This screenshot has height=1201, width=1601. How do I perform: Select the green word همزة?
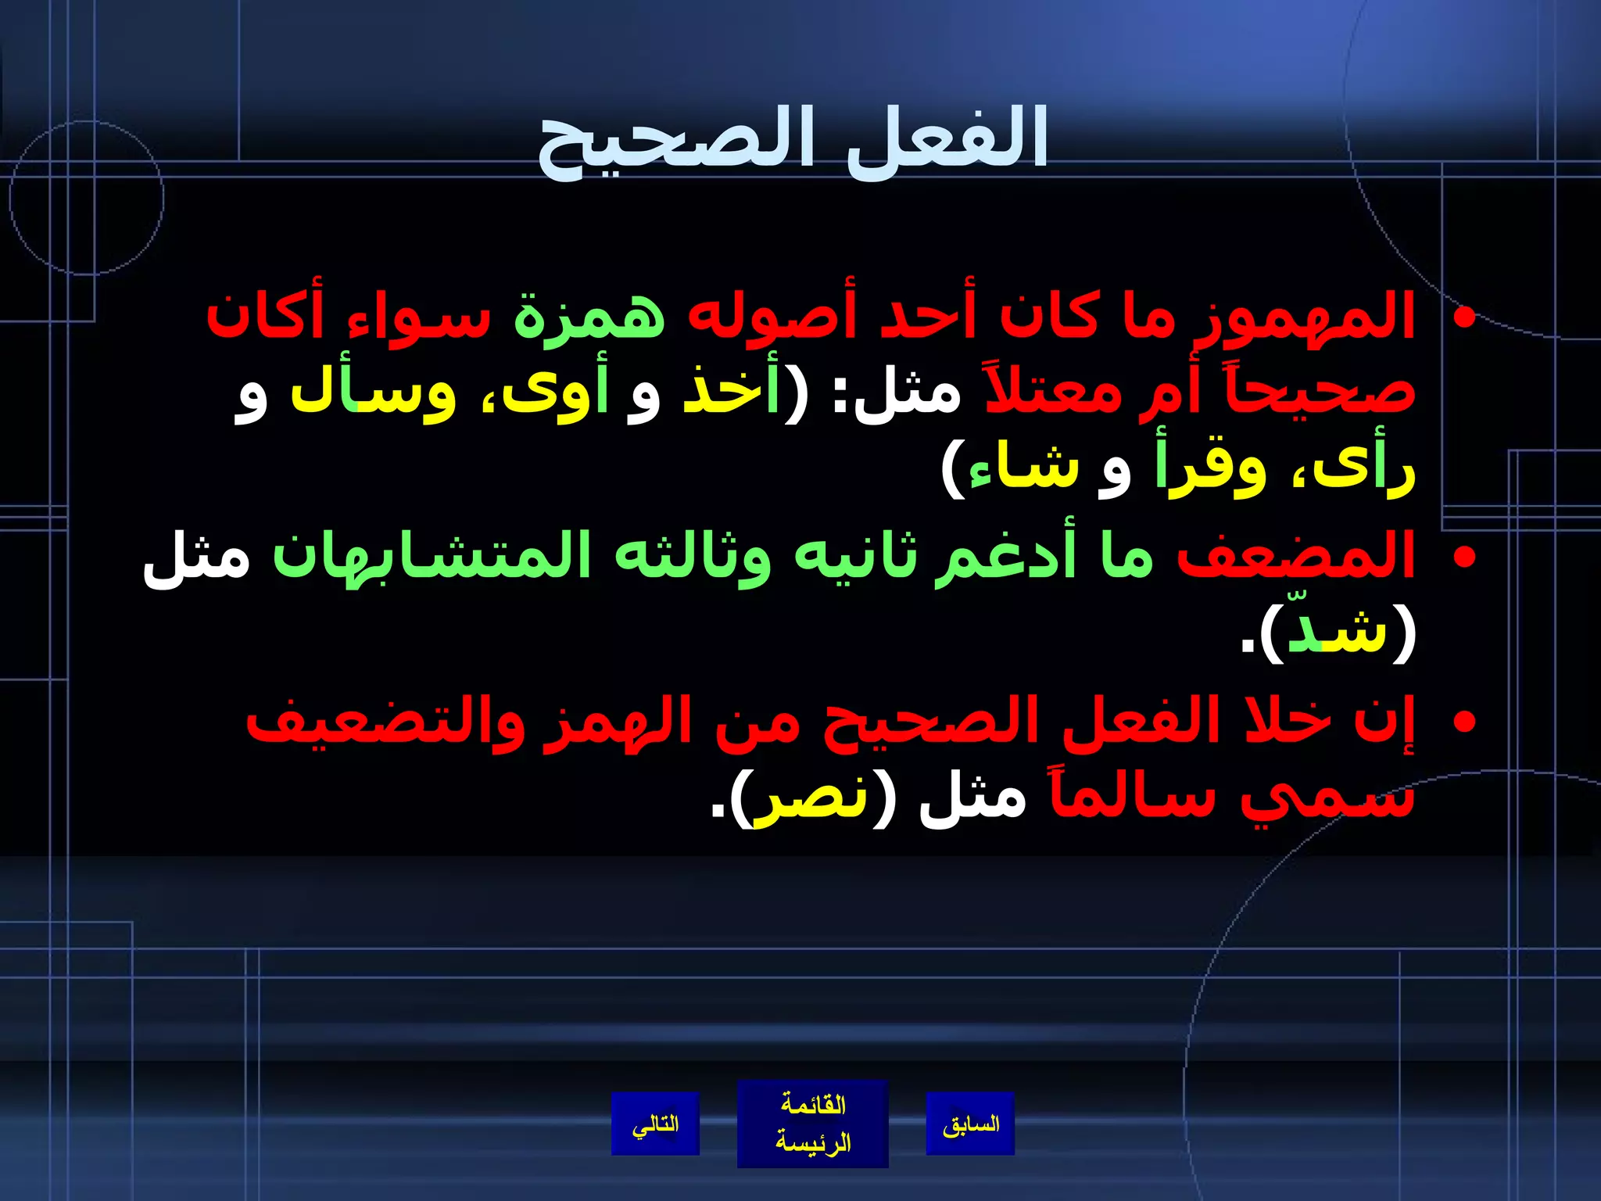(589, 317)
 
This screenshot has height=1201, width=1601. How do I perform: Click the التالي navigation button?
(655, 1124)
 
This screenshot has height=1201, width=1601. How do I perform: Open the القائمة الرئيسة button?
(812, 1124)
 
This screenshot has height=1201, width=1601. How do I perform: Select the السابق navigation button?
(970, 1124)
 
